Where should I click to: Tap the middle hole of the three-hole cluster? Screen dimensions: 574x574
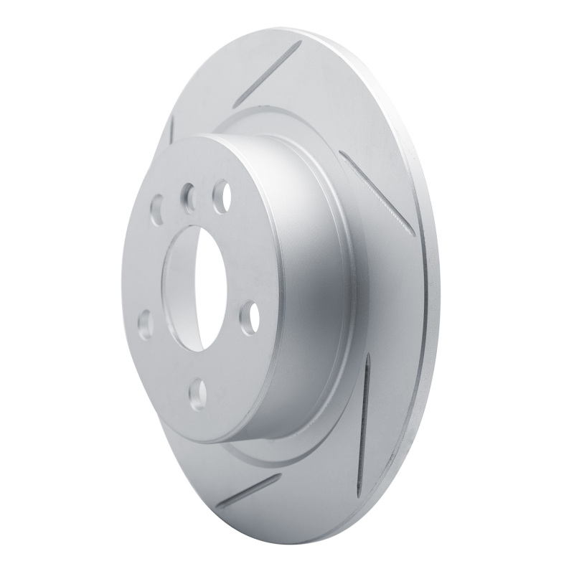[189, 195]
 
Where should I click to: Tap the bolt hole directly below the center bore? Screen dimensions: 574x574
[197, 392]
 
